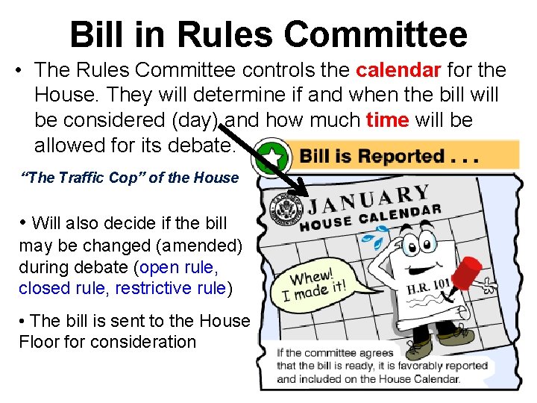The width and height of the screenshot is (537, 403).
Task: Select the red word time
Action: tap(387, 120)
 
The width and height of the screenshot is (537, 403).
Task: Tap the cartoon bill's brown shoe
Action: tap(420, 347)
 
